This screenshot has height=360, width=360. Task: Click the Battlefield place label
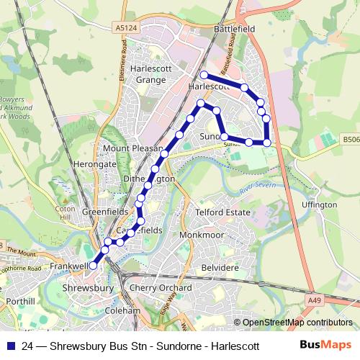(x=234, y=27)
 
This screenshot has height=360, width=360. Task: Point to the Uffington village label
(x=320, y=204)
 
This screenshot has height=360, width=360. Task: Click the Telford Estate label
(x=222, y=212)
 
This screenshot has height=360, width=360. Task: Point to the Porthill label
(x=19, y=300)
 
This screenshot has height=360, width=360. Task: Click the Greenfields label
(x=105, y=212)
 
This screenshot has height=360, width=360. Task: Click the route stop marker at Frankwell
(x=93, y=266)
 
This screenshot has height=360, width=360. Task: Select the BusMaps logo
(x=325, y=345)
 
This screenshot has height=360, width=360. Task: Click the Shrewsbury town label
(x=90, y=287)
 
